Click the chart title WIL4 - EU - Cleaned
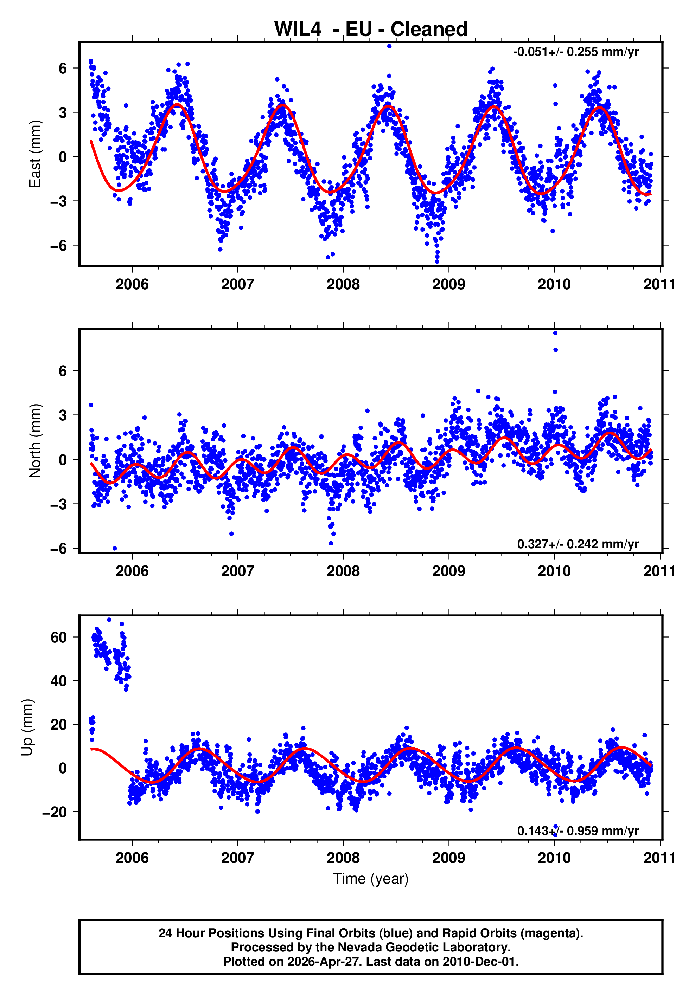370,30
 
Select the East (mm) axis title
35,154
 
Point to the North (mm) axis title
35,441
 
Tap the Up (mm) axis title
27,727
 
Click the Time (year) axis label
370,878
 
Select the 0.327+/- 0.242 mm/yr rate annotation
578,544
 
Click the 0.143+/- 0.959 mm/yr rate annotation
578,831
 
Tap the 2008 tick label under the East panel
343,285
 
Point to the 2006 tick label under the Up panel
132,858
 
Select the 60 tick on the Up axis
59,637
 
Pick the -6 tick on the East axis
59,246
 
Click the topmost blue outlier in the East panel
389,46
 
